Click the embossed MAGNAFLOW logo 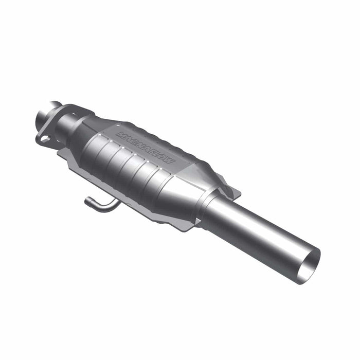146,148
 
